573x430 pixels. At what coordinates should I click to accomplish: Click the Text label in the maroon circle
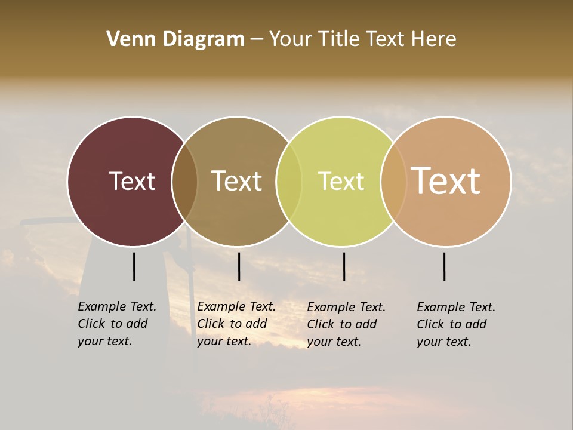point(132,181)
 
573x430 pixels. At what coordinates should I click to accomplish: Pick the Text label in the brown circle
point(236,181)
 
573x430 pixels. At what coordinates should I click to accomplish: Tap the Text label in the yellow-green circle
point(341,181)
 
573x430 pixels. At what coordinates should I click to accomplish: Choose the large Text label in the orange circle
point(446,181)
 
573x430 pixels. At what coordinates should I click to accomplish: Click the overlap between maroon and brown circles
point(184,182)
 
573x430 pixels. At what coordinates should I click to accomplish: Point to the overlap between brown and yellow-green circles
point(289,182)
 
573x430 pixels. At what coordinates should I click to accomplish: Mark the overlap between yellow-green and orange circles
point(393,182)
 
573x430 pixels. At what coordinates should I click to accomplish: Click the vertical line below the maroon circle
point(134,266)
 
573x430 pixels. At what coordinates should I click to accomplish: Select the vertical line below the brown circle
point(239,266)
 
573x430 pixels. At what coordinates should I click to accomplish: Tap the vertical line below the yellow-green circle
point(344,266)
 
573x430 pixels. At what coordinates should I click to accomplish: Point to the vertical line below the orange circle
point(445,266)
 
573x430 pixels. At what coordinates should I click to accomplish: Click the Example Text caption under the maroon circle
point(116,324)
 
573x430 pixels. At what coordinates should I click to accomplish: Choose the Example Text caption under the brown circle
point(236,324)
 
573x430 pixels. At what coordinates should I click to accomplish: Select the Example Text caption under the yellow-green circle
point(346,324)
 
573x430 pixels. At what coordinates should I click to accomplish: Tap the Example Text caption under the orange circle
point(455,324)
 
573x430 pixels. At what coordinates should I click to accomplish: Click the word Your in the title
point(291,39)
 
